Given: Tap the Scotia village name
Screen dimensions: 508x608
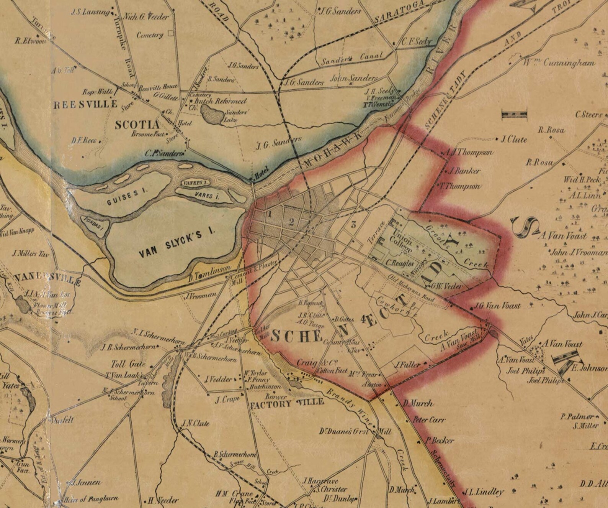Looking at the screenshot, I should pos(137,125).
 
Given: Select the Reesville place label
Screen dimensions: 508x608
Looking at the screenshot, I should pos(85,105).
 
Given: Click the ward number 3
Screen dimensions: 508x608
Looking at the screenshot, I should pos(353,225).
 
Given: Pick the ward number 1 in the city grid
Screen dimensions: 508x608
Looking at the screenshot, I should pos(270,214).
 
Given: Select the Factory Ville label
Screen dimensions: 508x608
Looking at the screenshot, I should pos(287,403).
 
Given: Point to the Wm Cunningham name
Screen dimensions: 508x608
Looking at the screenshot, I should pos(559,63).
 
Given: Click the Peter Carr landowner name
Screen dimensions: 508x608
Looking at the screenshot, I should pos(429,420).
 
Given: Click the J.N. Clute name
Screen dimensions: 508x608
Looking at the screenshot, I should pos(195,423).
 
